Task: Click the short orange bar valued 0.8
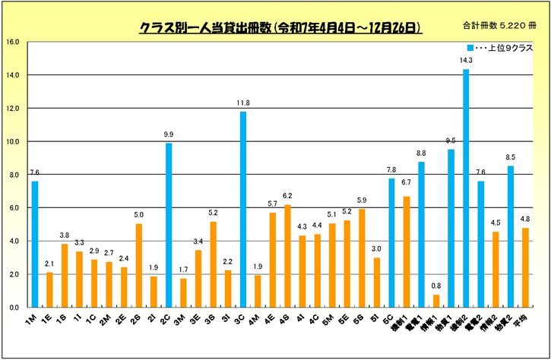pos(436,301)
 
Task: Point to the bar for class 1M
pos(35,244)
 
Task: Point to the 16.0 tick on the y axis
pos(13,42)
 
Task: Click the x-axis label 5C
pos(390,320)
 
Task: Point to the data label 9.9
pos(169,134)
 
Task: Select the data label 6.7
pos(407,182)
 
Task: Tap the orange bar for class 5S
pos(362,258)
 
